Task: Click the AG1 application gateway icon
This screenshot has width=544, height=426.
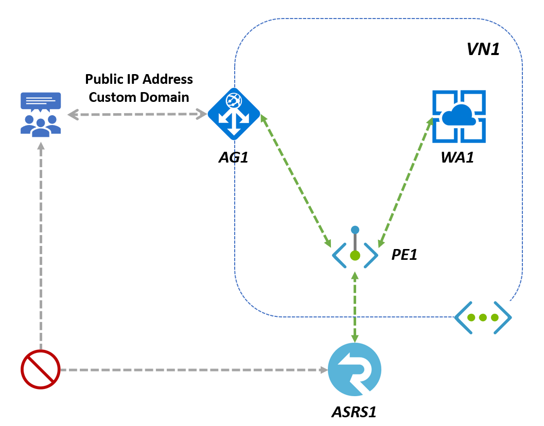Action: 234,114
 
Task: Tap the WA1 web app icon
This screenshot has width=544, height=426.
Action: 459,116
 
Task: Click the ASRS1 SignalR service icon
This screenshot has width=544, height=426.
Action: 355,369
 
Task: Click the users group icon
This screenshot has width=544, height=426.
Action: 41,115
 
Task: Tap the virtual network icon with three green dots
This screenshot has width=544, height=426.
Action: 483,317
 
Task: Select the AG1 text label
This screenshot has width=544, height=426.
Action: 233,157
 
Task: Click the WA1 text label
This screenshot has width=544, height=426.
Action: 457,157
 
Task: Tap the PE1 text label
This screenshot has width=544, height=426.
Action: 404,254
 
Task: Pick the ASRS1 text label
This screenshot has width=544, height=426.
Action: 357,412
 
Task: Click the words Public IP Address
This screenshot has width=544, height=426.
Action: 139,79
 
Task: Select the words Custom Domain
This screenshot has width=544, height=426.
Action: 139,97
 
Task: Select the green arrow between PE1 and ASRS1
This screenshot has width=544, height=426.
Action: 355,307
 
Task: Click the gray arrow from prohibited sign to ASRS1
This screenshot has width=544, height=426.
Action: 193,369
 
